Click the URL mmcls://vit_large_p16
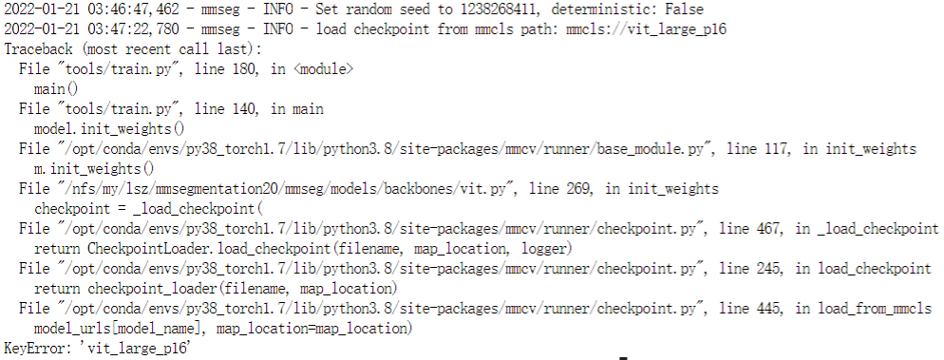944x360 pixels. tap(642, 28)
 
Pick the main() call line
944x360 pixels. tap(55, 88)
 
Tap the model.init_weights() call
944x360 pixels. tap(109, 128)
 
